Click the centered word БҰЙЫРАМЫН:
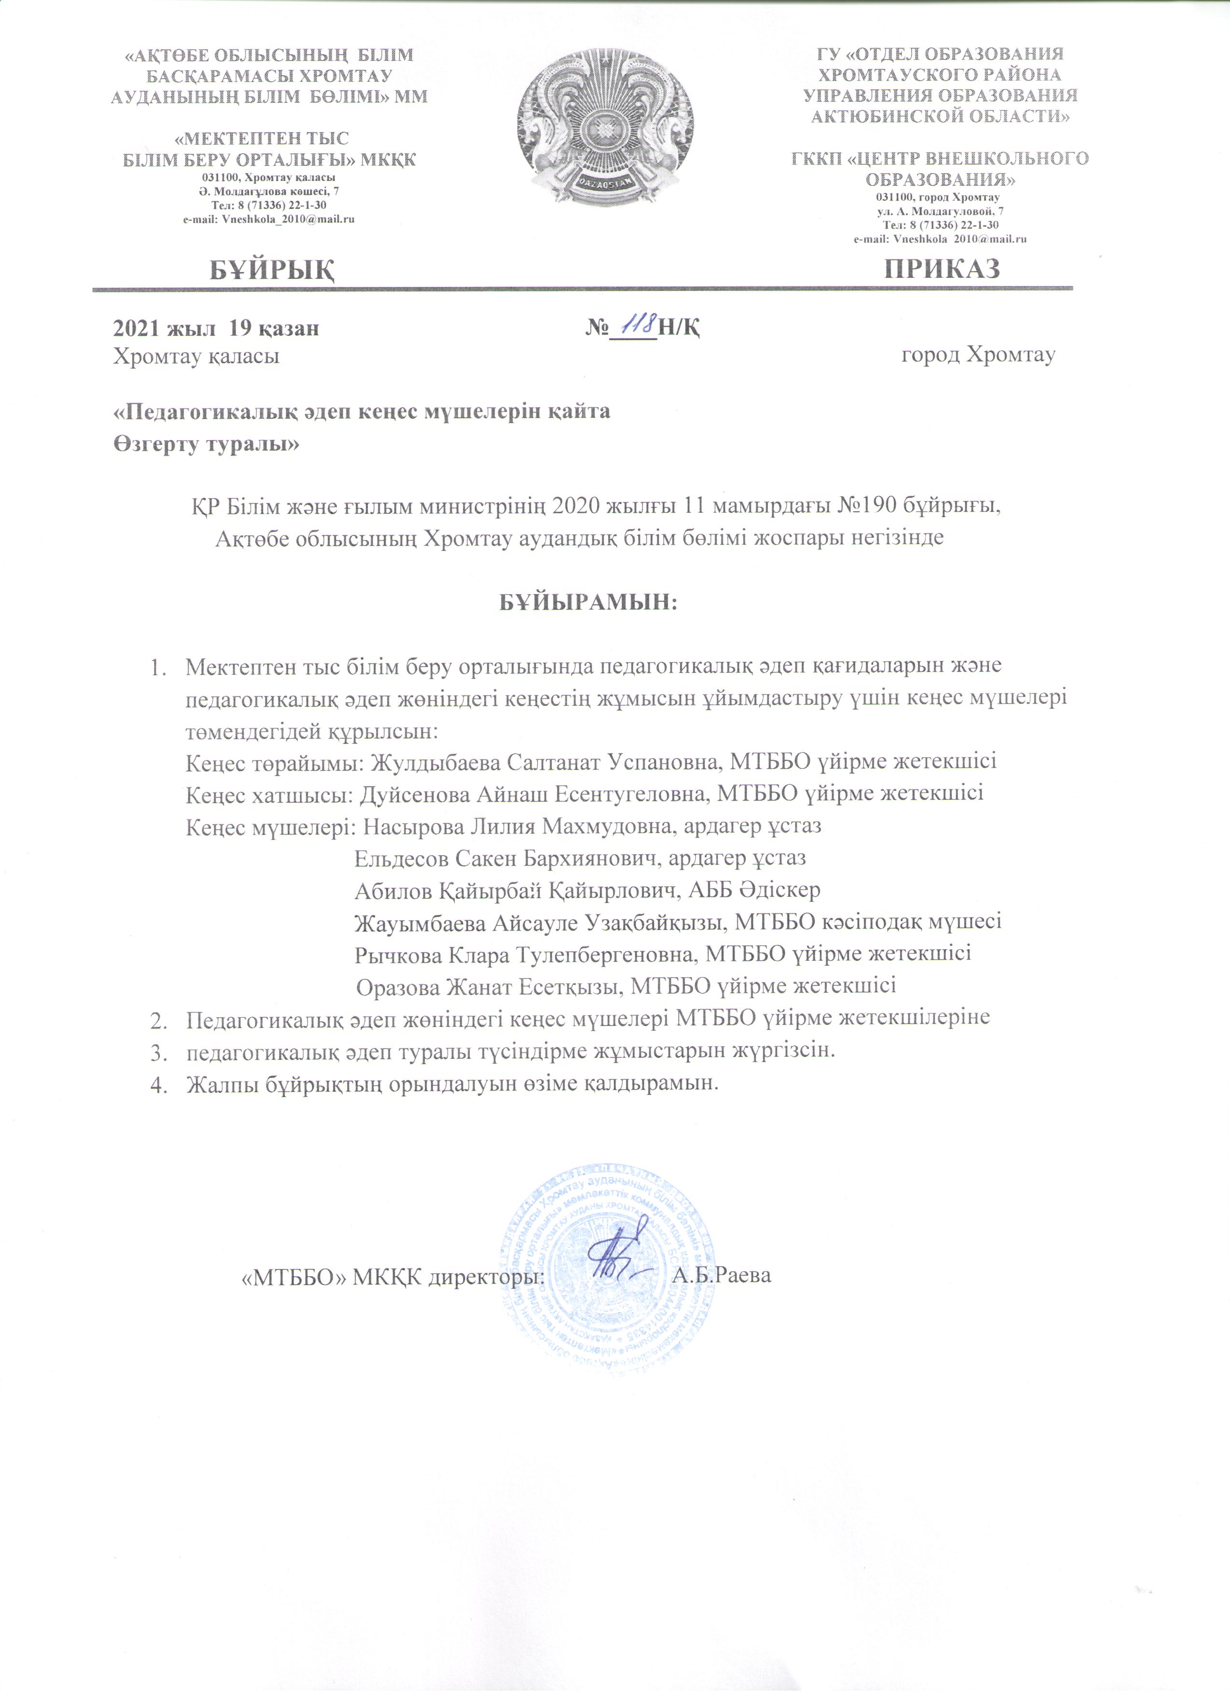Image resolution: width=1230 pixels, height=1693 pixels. [588, 601]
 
